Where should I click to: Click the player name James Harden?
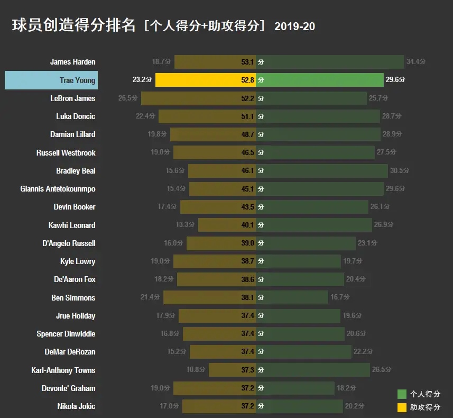tap(72, 62)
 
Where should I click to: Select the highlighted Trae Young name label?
tap(77, 80)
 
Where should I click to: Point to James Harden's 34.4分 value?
tap(416, 62)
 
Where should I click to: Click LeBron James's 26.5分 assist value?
tap(128, 98)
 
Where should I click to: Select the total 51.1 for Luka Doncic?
tap(247, 116)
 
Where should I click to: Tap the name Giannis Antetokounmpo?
tap(58, 189)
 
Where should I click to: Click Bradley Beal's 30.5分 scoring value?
tap(399, 171)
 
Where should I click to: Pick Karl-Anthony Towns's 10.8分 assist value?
tap(196, 370)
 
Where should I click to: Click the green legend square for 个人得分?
tap(402, 394)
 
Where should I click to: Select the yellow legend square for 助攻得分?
tap(402, 407)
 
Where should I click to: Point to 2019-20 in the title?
tap(294, 26)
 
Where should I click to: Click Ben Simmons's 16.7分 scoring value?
tap(340, 298)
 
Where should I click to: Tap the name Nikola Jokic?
tap(76, 406)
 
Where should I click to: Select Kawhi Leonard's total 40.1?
tap(247, 225)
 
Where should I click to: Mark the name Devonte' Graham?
tap(69, 388)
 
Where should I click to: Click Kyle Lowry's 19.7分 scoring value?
tap(354, 261)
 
